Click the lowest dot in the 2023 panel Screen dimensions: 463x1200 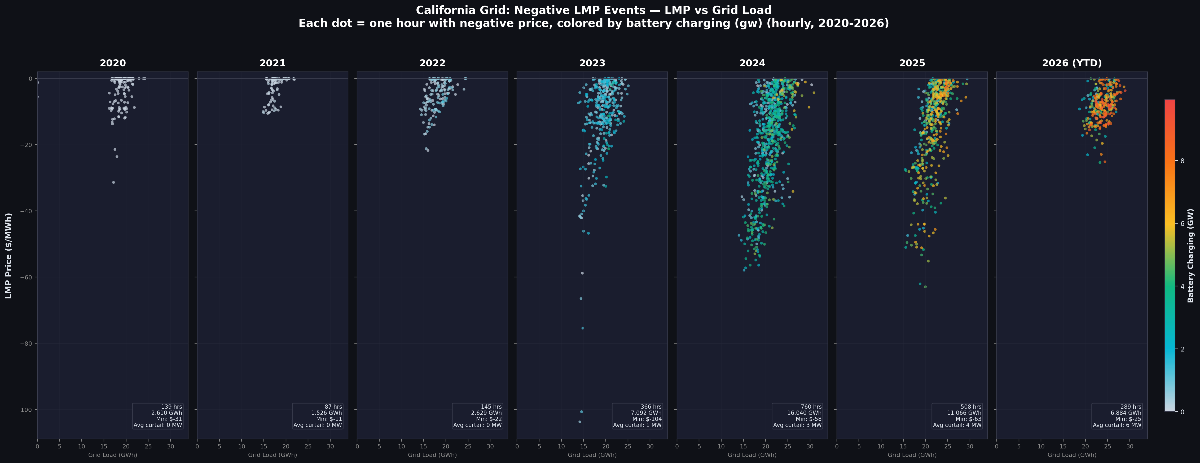tap(579, 422)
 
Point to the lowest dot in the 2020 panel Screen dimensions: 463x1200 tap(113, 182)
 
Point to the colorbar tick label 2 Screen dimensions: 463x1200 tap(1182, 349)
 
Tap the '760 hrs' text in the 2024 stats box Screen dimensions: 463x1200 tap(811, 407)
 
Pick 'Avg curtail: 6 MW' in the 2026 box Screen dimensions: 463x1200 tap(1117, 425)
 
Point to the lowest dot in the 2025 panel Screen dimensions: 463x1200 tap(925, 287)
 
